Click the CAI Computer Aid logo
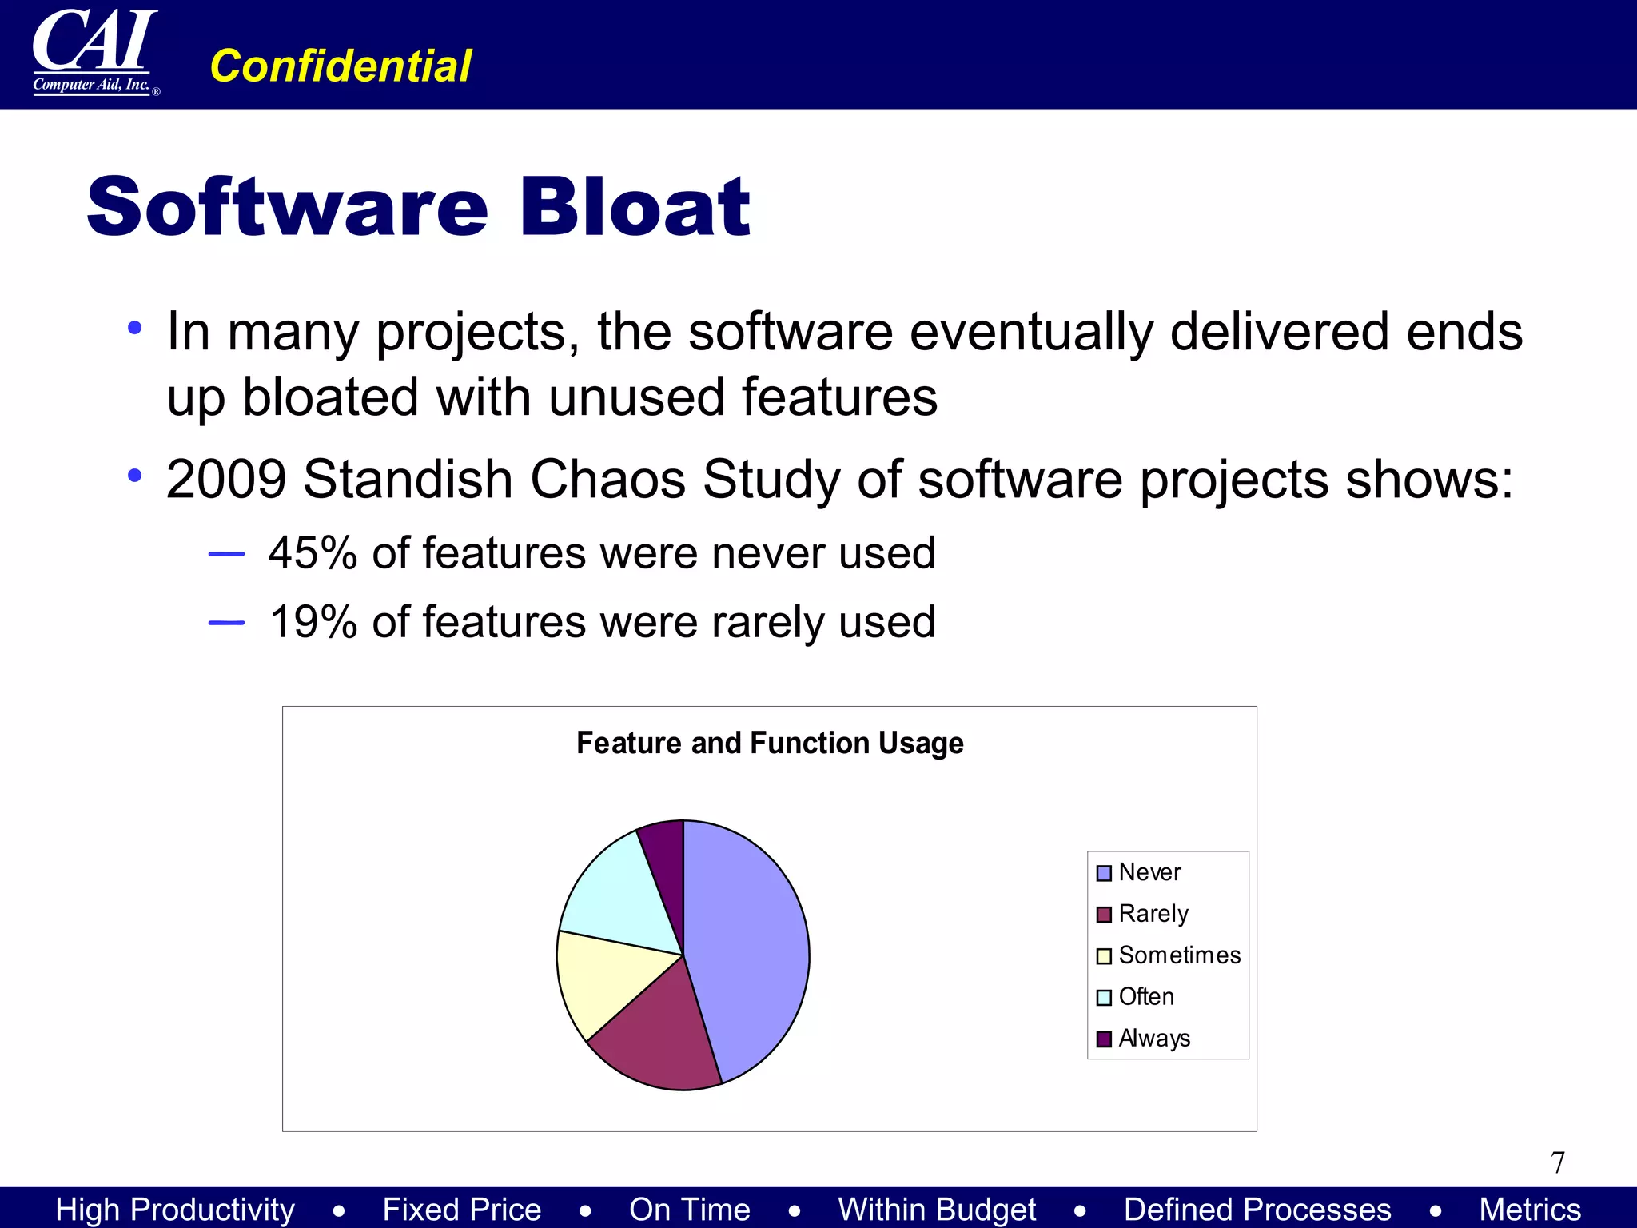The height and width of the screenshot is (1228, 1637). (x=94, y=51)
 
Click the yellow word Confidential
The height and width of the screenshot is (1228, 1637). (x=341, y=66)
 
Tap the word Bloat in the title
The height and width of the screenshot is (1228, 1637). (x=635, y=207)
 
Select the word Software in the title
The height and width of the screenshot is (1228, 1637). (x=288, y=207)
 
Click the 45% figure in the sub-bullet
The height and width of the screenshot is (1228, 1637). (x=313, y=553)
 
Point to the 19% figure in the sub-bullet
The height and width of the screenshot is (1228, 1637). (x=313, y=622)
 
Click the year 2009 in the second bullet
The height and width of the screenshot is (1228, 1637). (x=226, y=480)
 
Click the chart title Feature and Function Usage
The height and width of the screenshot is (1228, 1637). (x=770, y=743)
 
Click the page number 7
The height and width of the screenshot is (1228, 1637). (x=1558, y=1162)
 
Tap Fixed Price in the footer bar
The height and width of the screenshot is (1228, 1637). (x=461, y=1209)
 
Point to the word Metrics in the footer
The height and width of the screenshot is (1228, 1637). (x=1529, y=1209)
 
